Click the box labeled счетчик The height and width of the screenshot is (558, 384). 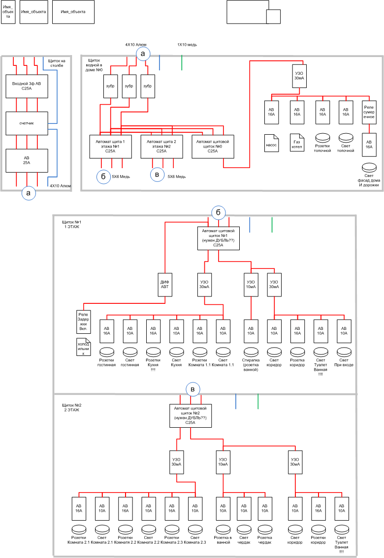[27, 123]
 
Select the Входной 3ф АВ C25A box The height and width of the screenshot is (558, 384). [27, 86]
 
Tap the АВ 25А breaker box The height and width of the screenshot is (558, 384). [27, 160]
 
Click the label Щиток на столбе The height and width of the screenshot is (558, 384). [56, 63]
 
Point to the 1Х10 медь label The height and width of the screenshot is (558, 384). [187, 45]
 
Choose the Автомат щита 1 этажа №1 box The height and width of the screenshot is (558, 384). [110, 147]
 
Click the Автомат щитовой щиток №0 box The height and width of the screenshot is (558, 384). [213, 147]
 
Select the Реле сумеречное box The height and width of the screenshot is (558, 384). [369, 112]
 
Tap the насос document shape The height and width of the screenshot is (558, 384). [271, 143]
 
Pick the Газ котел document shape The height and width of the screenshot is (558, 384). [297, 143]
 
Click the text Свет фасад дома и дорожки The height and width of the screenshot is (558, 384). [369, 180]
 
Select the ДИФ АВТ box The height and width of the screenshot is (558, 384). [165, 285]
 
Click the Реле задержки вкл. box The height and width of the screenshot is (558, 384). [83, 322]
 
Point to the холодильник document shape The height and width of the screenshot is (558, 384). [83, 347]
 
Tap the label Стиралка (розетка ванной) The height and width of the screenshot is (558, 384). [251, 365]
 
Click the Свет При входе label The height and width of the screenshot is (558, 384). [344, 363]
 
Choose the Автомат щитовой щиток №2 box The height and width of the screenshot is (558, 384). [191, 415]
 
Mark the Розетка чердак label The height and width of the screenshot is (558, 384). [265, 540]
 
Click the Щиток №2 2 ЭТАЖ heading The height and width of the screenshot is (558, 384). [71, 408]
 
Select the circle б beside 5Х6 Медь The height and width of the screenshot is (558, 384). [103, 177]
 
